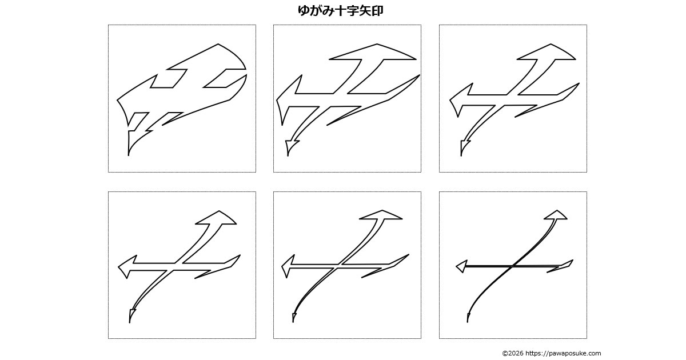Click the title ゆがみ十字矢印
click(x=340, y=11)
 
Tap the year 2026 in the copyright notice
click(x=516, y=353)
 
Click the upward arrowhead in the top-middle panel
click(x=373, y=52)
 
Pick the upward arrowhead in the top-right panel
click(x=547, y=52)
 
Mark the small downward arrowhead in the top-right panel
click(x=464, y=147)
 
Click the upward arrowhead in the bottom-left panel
click(x=216, y=218)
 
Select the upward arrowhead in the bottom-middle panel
click(x=381, y=215)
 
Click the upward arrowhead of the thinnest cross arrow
click(x=556, y=215)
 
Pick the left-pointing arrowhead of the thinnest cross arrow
click(x=461, y=266)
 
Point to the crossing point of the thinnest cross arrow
click(x=512, y=266)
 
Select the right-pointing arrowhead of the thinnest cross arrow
click(x=562, y=266)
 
